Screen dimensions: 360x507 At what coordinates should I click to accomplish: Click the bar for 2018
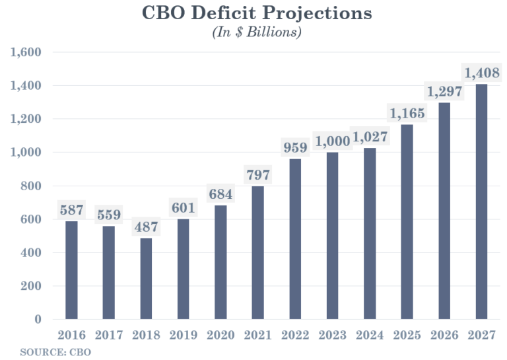coord(146,278)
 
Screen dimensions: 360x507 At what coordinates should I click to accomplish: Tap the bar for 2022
coord(295,239)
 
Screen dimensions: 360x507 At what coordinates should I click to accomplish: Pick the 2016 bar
coord(71,270)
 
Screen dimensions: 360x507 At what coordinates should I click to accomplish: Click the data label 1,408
coord(482,73)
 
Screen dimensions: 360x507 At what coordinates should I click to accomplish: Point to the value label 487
coord(146,227)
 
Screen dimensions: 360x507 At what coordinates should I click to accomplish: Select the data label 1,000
coord(332,141)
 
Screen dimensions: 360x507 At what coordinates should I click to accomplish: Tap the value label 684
coord(220,194)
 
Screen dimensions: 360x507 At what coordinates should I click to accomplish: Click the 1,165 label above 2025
coord(407,114)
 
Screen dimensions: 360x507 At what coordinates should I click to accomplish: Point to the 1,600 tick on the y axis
coord(26,52)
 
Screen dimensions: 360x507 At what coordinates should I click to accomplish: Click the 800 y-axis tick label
coord(31,186)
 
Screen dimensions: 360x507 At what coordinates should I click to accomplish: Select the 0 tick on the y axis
coord(38,319)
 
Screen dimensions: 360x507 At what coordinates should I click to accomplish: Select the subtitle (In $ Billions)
coord(256,32)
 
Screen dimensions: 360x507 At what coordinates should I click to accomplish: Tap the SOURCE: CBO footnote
coord(55,352)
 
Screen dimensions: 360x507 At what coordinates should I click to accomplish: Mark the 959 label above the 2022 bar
coord(295,148)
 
